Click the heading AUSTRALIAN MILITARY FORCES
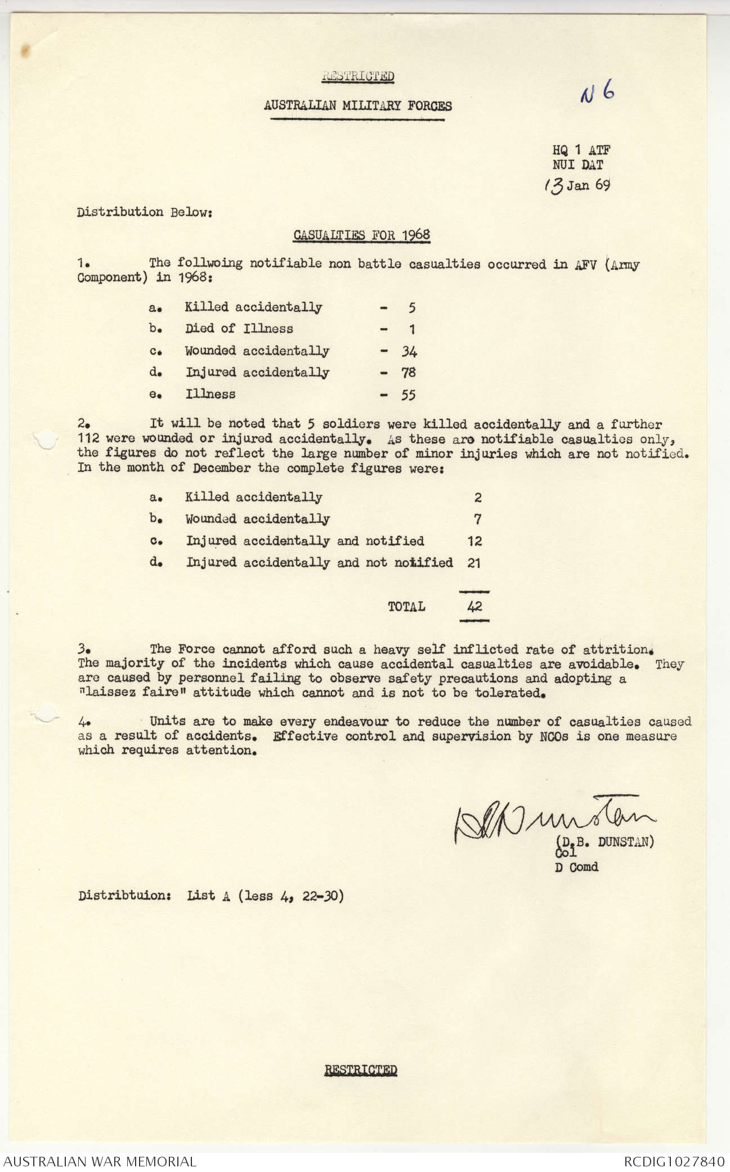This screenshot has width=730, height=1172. pyautogui.click(x=358, y=106)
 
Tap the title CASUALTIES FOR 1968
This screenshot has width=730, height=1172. pyautogui.click(x=362, y=235)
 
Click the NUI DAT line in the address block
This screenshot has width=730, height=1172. pyautogui.click(x=577, y=165)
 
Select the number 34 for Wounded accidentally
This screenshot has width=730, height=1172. pyautogui.click(x=409, y=351)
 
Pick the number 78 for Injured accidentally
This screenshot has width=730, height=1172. pyautogui.click(x=409, y=373)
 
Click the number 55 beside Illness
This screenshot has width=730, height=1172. pyautogui.click(x=409, y=395)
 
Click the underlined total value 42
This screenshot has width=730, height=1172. pyautogui.click(x=474, y=607)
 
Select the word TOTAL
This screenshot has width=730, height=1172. pyautogui.click(x=406, y=607)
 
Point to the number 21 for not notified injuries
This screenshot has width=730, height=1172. pyautogui.click(x=474, y=562)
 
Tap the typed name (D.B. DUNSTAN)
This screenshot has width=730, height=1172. pyautogui.click(x=605, y=842)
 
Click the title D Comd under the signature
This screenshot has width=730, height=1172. pyautogui.click(x=576, y=867)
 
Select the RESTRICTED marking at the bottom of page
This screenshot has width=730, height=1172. pyautogui.click(x=361, y=1070)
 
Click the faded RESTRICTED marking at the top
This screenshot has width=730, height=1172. pyautogui.click(x=358, y=77)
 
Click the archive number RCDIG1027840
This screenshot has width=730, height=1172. pyautogui.click(x=674, y=1161)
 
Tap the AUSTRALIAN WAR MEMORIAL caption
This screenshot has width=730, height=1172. pyautogui.click(x=100, y=1161)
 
